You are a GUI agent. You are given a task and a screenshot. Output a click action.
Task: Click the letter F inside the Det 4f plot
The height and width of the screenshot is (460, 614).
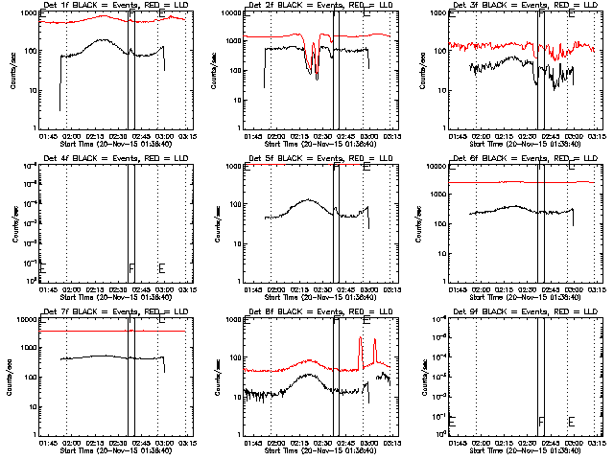(x=131, y=267)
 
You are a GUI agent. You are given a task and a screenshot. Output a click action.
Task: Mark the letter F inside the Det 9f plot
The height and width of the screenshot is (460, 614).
(x=542, y=421)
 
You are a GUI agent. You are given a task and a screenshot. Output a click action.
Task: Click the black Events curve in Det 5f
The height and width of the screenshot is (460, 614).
(x=307, y=200)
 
